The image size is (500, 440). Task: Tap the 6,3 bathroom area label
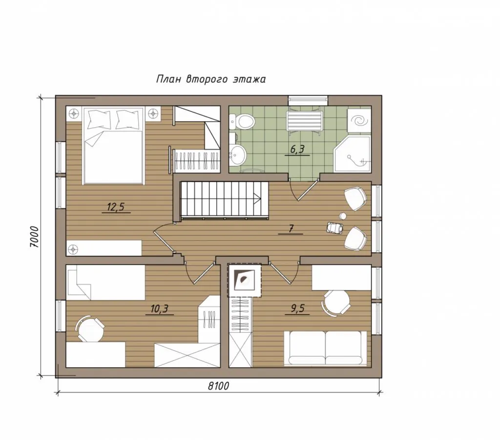[298, 149]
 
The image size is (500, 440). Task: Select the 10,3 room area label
[159, 309]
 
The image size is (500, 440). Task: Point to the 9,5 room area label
[298, 309]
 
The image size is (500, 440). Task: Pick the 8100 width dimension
[218, 386]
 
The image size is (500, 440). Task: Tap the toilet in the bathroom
[243, 121]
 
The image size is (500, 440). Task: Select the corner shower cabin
[353, 154]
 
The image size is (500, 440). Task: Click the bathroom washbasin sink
[238, 154]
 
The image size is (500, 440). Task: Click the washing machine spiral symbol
[359, 121]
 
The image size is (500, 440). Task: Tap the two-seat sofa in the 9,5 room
[325, 348]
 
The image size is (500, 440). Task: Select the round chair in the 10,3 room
[90, 329]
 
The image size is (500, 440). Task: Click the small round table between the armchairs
[343, 216]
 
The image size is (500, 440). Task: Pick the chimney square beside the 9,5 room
[244, 280]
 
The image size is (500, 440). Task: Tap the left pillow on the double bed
[99, 119]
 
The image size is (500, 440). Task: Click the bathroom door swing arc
[293, 191]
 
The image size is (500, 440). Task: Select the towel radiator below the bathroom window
[304, 121]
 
